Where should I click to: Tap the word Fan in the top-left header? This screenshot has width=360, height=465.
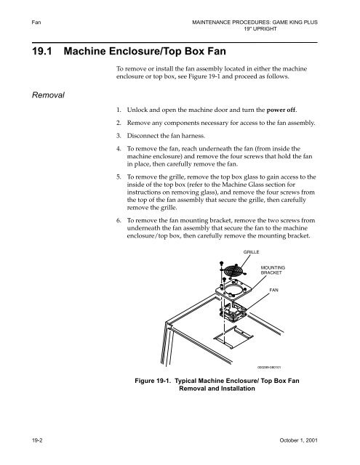pos(12,9)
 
